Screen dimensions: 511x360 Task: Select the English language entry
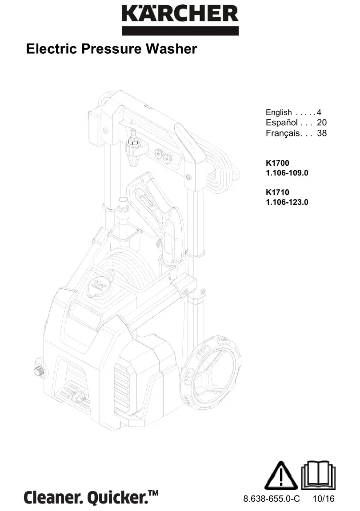(279, 112)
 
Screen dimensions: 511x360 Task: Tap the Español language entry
(282, 123)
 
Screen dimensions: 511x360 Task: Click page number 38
(322, 133)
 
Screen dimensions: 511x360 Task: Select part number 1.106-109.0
(287, 173)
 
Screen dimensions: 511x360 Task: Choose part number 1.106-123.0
(287, 202)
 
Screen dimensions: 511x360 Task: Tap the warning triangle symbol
(281, 476)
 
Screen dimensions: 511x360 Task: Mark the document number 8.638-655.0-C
(272, 499)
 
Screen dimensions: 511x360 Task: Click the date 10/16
(323, 499)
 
